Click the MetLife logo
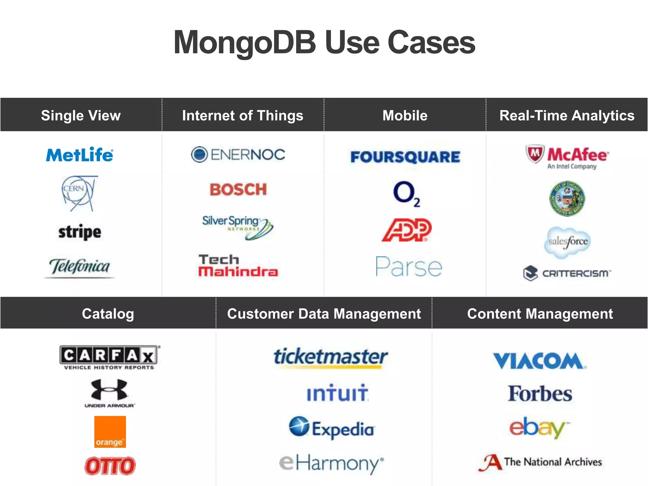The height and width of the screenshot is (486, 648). click(x=79, y=155)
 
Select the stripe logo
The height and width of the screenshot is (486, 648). click(x=80, y=232)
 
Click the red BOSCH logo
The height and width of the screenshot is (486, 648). click(x=238, y=190)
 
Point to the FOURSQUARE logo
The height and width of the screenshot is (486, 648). click(x=405, y=157)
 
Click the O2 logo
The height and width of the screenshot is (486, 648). click(x=406, y=193)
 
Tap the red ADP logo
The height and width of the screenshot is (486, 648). click(x=407, y=230)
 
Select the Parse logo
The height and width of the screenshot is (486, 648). click(x=408, y=267)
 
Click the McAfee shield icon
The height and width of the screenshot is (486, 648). click(x=535, y=154)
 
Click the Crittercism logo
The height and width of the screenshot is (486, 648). click(x=567, y=273)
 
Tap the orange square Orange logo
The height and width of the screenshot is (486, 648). click(x=110, y=432)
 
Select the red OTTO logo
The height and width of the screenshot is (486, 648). click(x=110, y=466)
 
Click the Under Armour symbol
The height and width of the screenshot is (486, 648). click(x=109, y=389)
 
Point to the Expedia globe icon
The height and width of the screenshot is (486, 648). click(x=299, y=426)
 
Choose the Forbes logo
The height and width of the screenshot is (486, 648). click(x=540, y=394)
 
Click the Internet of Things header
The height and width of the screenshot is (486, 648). click(x=243, y=115)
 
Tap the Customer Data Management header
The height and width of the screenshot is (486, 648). click(x=324, y=314)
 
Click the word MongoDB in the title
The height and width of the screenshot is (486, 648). click(x=245, y=43)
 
